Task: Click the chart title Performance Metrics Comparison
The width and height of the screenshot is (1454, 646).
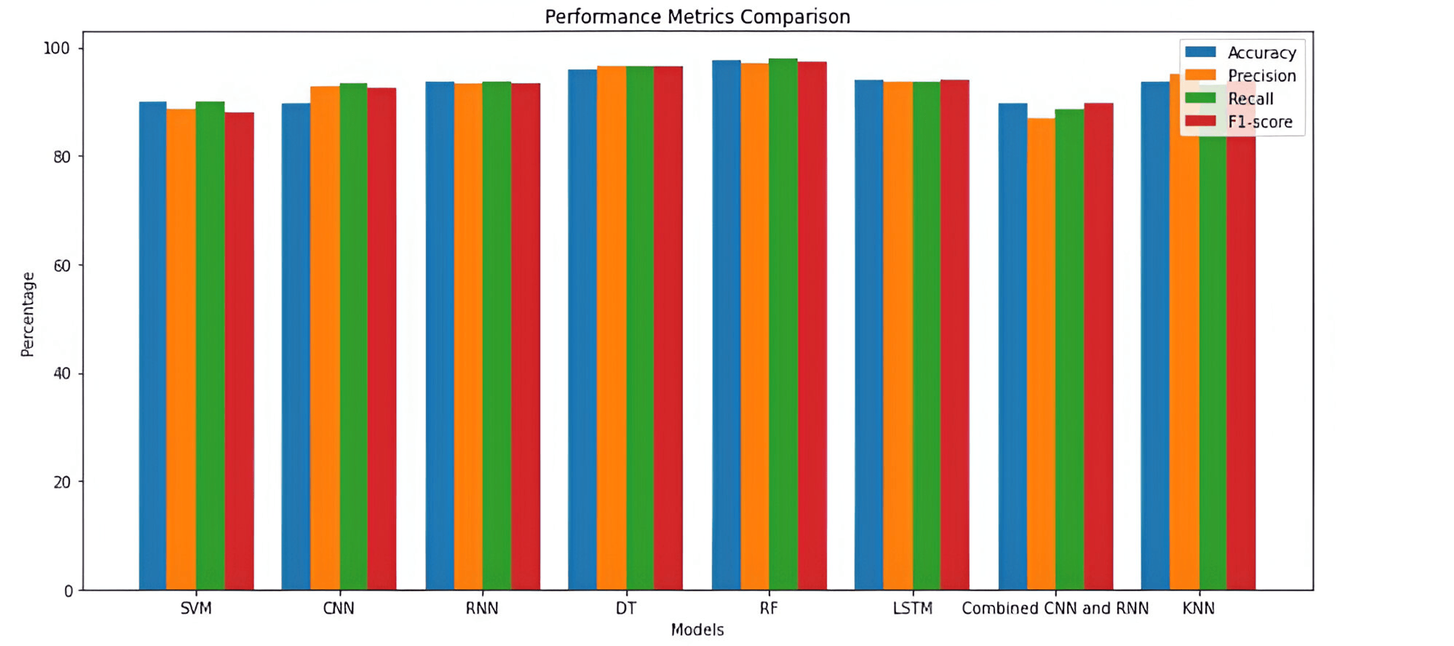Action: (x=697, y=17)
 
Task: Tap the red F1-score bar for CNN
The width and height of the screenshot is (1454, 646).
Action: (x=381, y=339)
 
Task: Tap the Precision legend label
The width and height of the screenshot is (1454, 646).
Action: (x=1262, y=76)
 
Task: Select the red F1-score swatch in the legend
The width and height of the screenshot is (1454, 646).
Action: (x=1200, y=121)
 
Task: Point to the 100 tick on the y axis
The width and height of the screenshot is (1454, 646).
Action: (x=56, y=48)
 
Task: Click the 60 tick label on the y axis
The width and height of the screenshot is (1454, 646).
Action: (x=62, y=265)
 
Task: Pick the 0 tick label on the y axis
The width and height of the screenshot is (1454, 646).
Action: (x=68, y=591)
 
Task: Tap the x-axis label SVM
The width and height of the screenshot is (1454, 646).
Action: (x=196, y=608)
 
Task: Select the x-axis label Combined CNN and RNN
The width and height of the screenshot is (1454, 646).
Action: (x=1055, y=608)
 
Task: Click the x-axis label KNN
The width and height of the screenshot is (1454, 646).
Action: (x=1198, y=608)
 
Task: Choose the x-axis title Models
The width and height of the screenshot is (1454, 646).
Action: (x=697, y=630)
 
